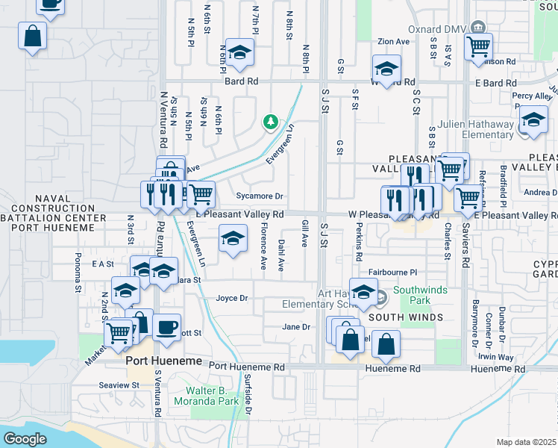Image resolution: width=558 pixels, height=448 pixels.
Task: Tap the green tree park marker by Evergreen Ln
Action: [270, 121]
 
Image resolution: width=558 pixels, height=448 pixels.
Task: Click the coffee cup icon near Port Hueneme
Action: [166, 326]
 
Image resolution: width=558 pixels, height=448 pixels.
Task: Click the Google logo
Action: [25, 439]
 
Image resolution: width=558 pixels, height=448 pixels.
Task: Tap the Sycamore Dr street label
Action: [260, 196]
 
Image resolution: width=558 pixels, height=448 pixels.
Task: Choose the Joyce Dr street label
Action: [231, 298]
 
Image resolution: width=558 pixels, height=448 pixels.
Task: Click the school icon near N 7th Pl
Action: [239, 52]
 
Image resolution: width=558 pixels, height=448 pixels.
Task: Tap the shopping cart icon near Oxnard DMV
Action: [477, 46]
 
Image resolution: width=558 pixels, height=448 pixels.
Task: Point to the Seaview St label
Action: [119, 385]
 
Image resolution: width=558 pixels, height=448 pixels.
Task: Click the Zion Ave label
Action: [394, 42]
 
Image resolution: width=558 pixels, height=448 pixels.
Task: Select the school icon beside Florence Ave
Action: [233, 239]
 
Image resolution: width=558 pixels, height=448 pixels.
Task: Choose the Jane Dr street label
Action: [295, 326]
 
